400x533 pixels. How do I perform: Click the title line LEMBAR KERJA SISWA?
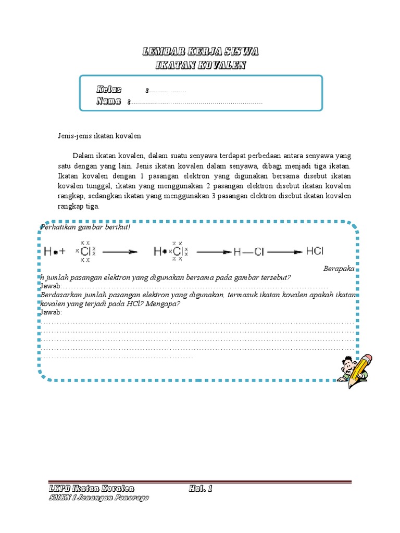pyautogui.click(x=201, y=52)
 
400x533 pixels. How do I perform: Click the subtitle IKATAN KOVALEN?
pyautogui.click(x=201, y=65)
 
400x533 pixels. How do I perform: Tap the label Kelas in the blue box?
pyautogui.click(x=109, y=90)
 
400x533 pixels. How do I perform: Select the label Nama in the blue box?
pyautogui.click(x=109, y=101)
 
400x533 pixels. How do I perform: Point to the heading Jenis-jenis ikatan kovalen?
pyautogui.click(x=99, y=136)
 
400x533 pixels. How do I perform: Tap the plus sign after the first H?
pyautogui.click(x=63, y=251)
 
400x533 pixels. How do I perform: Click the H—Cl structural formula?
pyautogui.click(x=249, y=251)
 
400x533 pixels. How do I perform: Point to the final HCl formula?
pyautogui.click(x=315, y=251)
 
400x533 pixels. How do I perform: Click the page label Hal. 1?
pyautogui.click(x=201, y=489)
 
